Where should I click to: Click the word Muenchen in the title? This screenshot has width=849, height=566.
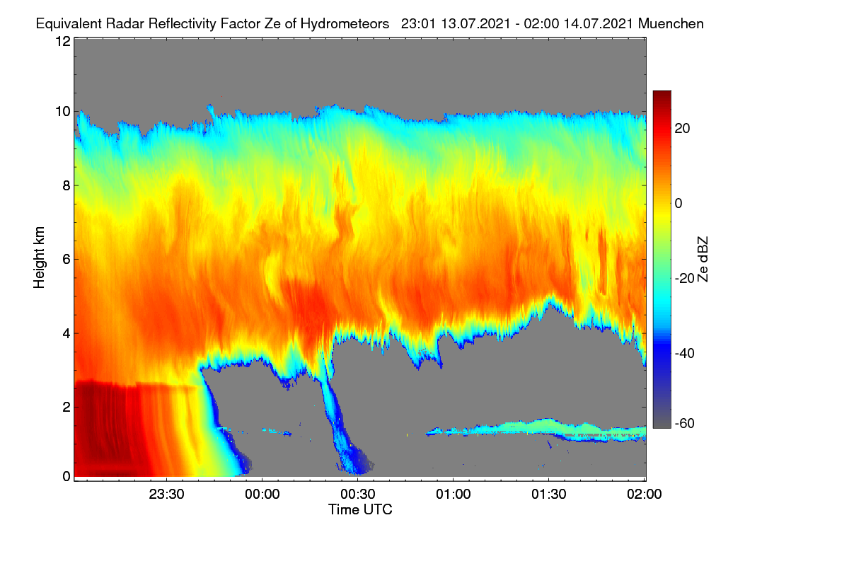[671, 24]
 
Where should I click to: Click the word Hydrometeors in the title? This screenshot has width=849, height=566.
[345, 24]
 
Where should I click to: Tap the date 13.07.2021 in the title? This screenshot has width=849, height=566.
[475, 24]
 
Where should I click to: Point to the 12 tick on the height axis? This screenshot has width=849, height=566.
[63, 41]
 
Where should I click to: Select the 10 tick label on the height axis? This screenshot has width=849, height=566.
[63, 112]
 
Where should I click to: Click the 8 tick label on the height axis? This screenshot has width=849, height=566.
[67, 185]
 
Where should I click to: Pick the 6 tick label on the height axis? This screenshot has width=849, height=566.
[67, 260]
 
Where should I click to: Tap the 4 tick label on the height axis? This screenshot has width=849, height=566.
[67, 334]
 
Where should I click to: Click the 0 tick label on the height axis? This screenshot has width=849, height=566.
[67, 476]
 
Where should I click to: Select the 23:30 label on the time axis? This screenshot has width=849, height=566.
[166, 494]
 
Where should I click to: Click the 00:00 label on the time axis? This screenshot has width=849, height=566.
[262, 494]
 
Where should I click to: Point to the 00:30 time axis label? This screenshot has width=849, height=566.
[358, 494]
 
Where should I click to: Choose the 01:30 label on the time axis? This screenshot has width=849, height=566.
[549, 494]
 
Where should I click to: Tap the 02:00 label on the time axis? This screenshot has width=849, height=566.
[645, 494]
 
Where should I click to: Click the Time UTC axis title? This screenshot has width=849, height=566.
[360, 509]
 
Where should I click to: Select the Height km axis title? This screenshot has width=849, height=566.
[39, 258]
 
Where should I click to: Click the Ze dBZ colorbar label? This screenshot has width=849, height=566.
[703, 260]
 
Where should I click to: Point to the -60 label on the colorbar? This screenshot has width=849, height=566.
[685, 424]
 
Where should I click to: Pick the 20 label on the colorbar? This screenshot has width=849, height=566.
[682, 129]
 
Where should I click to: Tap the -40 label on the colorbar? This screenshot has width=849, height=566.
[685, 353]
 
